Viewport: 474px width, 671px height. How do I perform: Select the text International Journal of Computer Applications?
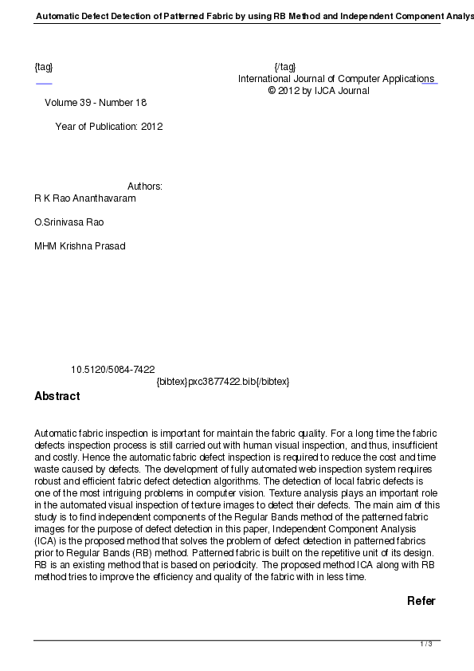(x=335, y=79)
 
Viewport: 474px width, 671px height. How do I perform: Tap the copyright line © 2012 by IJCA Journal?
(x=319, y=91)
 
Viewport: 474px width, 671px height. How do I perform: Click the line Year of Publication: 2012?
(x=109, y=127)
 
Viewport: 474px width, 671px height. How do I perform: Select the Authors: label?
(x=145, y=186)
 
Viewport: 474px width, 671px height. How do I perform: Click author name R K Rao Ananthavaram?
(x=85, y=198)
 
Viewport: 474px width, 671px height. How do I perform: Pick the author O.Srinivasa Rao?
(x=69, y=222)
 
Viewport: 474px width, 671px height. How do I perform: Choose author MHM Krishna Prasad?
(x=80, y=246)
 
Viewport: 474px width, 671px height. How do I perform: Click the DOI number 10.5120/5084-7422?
(x=113, y=370)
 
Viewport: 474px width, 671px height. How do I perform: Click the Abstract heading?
(x=57, y=397)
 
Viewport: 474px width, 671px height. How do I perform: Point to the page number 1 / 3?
(x=426, y=644)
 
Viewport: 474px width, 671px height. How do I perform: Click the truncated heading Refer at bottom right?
(x=421, y=602)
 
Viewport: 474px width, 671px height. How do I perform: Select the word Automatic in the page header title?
(x=58, y=16)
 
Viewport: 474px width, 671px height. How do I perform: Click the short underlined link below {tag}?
(x=44, y=83)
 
